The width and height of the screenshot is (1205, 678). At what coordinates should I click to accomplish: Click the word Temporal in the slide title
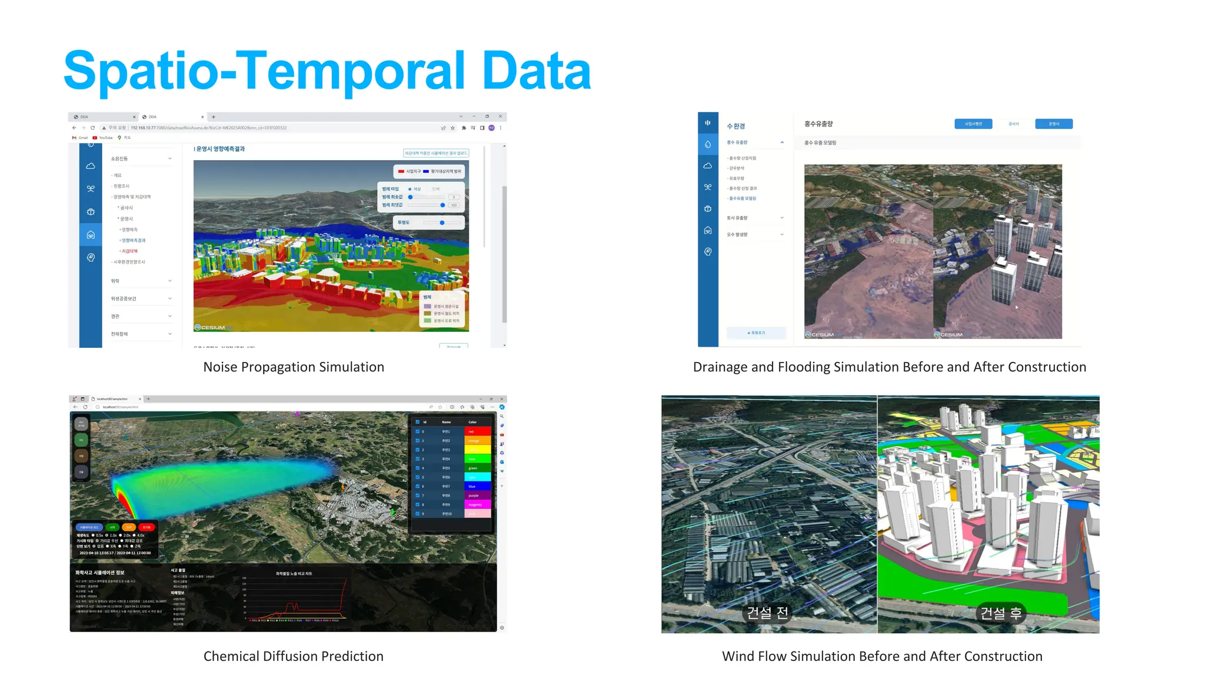(x=350, y=71)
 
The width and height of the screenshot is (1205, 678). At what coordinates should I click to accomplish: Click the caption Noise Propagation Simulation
(x=294, y=367)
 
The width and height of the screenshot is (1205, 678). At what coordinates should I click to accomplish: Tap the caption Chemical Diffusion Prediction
(x=293, y=656)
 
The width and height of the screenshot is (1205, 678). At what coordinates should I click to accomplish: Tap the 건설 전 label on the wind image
(x=767, y=613)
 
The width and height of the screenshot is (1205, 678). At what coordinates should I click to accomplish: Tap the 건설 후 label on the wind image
(x=1000, y=613)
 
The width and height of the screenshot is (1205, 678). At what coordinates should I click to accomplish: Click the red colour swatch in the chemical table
(x=477, y=431)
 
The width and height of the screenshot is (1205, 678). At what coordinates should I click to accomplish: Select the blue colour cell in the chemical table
(x=477, y=486)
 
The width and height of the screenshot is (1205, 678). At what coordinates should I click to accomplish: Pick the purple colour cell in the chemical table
(x=477, y=496)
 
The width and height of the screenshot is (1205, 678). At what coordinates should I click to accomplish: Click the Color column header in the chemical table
(x=472, y=422)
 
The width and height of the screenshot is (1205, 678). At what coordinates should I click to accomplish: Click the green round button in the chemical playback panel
(x=112, y=527)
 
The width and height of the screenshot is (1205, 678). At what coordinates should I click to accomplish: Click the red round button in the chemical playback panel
(x=147, y=527)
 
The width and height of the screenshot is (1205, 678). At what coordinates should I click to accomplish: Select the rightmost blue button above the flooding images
(x=1053, y=124)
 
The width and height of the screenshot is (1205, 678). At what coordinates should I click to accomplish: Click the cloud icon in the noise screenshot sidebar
(x=91, y=167)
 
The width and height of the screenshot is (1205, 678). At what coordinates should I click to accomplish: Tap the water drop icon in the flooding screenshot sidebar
(x=708, y=144)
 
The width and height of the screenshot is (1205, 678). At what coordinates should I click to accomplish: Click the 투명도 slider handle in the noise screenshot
(x=442, y=222)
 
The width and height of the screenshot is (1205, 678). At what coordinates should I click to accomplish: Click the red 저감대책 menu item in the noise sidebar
(x=129, y=251)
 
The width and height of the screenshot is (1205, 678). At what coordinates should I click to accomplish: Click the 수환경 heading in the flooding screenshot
(x=735, y=127)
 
